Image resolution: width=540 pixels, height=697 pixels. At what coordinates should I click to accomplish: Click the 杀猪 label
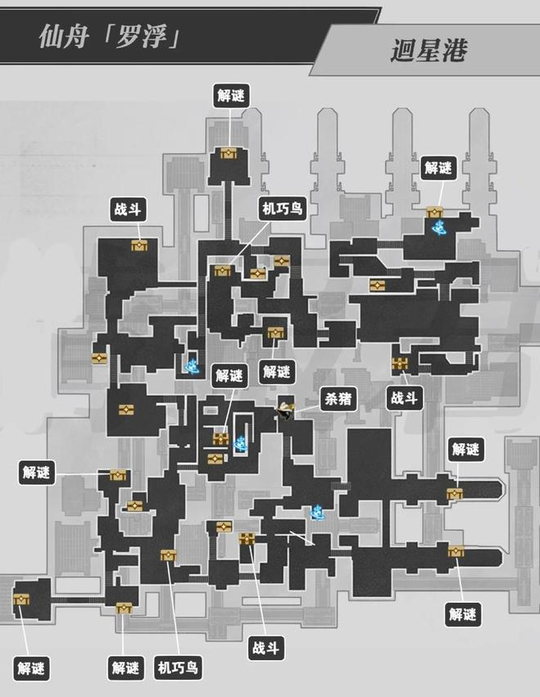(x=338, y=399)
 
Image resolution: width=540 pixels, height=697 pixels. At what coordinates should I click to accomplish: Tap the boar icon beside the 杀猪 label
(x=284, y=410)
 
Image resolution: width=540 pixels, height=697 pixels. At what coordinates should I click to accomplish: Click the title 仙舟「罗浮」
(x=110, y=36)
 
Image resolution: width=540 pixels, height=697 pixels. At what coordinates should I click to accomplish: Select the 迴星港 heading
(x=429, y=50)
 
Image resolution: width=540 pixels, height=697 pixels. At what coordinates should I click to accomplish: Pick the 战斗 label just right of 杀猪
(x=404, y=398)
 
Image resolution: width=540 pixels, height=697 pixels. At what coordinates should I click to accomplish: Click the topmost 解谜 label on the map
(x=231, y=95)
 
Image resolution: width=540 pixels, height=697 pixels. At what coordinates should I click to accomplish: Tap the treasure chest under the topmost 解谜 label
(x=229, y=153)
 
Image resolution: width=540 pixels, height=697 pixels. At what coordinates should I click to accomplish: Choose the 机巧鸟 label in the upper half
(x=283, y=208)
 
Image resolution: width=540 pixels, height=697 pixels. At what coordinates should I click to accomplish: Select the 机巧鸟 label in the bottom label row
(x=178, y=668)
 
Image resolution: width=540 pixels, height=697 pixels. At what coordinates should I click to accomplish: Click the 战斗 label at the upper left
(x=128, y=209)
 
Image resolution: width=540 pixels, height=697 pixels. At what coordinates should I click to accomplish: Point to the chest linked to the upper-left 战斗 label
(x=139, y=245)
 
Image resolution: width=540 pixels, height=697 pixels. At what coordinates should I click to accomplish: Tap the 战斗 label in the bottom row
(x=265, y=647)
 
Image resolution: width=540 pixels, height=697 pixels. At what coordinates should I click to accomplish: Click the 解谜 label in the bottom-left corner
(x=32, y=668)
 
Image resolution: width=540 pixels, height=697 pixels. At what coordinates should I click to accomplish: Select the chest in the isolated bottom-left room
(x=21, y=600)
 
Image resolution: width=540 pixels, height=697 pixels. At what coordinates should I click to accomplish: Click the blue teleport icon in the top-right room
(x=439, y=227)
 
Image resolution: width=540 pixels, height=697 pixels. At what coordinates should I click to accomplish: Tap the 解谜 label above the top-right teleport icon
(x=438, y=168)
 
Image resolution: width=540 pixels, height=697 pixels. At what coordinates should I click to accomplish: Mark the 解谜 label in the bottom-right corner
(x=463, y=614)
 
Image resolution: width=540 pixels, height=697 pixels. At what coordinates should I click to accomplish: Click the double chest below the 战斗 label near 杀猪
(x=400, y=363)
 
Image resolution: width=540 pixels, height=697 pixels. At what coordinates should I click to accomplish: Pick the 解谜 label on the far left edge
(x=37, y=472)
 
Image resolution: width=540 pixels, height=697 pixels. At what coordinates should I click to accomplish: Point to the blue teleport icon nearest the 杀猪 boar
(x=241, y=443)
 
